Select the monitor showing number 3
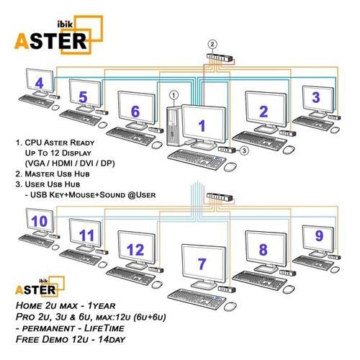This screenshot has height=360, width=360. tap(315, 96)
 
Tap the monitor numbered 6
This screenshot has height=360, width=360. tap(135, 110)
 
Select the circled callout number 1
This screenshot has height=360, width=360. tap(173, 95)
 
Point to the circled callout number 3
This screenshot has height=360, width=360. tap(245, 150)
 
